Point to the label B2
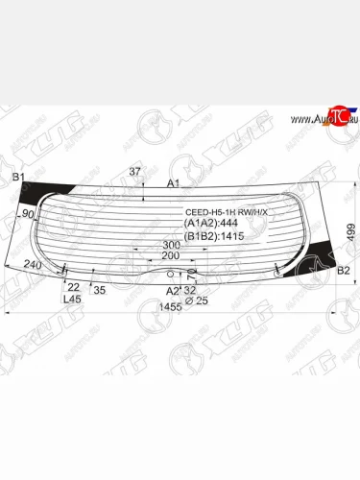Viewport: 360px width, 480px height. [343, 270]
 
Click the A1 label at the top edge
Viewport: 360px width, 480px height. [174, 182]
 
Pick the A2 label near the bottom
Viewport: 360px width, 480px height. [172, 289]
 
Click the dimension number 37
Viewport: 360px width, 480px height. [134, 172]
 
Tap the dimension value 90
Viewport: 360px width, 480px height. [28, 214]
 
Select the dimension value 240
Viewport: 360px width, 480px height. [34, 266]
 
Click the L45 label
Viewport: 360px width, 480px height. [72, 299]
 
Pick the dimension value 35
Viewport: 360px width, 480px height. [100, 289]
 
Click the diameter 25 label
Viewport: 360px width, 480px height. [195, 300]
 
